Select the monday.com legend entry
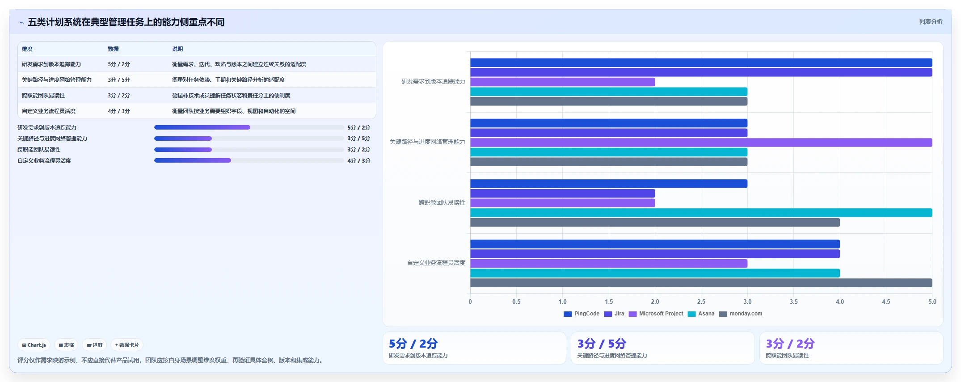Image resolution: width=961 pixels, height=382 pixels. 741,314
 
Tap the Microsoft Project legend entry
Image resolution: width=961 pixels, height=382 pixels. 656,314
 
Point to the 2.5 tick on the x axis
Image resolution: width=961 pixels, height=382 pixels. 701,302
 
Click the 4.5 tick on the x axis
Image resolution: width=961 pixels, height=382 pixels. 886,302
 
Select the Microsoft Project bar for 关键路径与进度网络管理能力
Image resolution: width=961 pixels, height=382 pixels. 701,143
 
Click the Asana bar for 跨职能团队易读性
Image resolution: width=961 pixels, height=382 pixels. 701,213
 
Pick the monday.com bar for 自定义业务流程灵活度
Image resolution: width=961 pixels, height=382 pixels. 701,283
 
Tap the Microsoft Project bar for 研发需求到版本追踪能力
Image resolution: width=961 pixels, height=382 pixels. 562,82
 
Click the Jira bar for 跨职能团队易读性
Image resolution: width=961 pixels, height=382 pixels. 562,193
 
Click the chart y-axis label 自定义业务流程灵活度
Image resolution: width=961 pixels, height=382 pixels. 436,263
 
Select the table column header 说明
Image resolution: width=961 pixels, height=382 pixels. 177,49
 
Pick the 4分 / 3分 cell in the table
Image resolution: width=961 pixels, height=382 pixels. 119,111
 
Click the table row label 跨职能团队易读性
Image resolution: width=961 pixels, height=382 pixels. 43,96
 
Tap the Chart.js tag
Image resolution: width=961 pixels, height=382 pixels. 34,345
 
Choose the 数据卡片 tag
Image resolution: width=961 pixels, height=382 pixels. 127,345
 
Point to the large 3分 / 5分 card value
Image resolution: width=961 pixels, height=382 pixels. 602,344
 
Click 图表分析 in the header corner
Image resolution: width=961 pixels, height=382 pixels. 931,21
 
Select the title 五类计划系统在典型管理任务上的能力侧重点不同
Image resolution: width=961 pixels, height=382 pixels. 126,22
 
